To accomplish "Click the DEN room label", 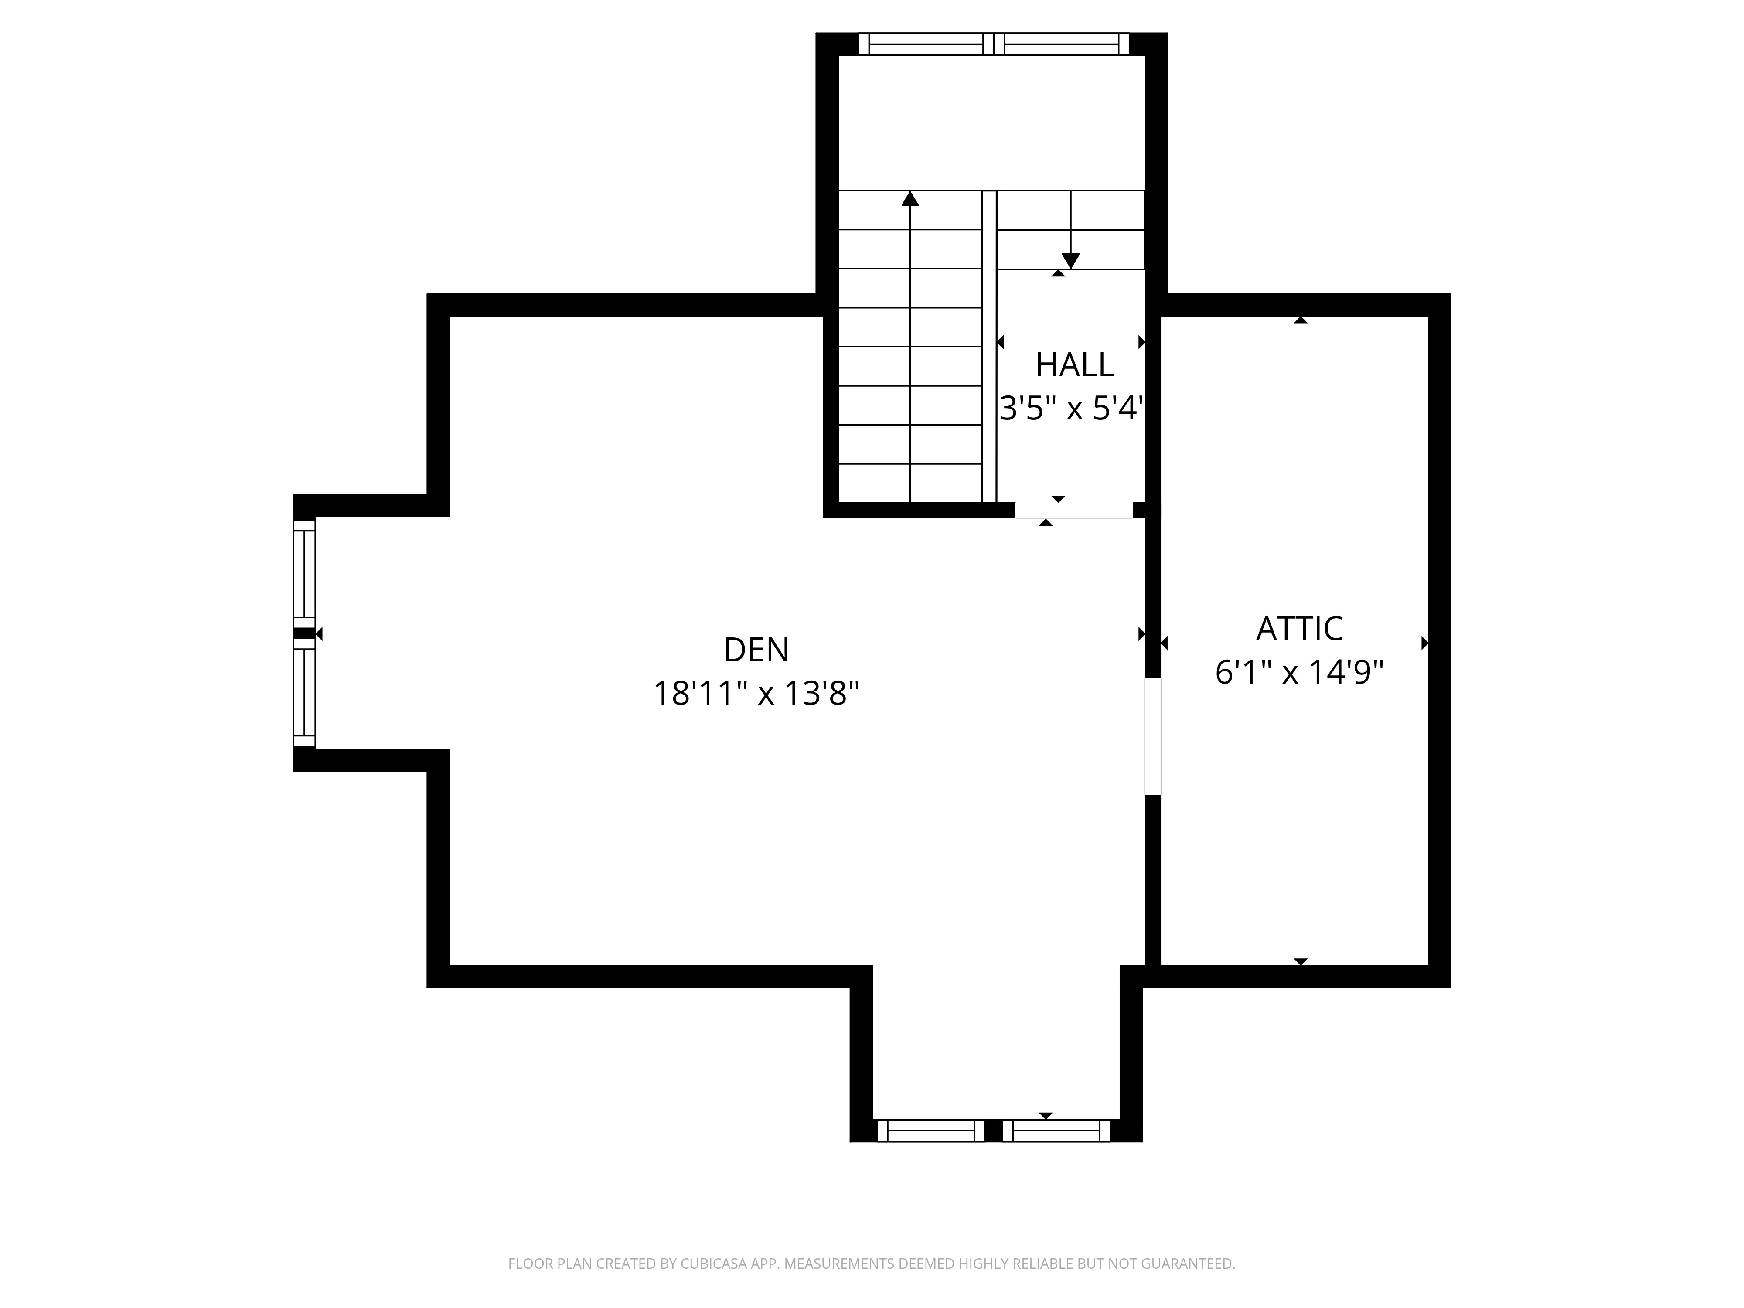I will coord(755,651).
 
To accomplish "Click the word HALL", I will coord(1074,365).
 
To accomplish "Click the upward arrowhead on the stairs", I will coord(910,199).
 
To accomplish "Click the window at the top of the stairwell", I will coord(993,44).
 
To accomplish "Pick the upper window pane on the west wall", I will coord(304,574).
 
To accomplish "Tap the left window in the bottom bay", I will coord(930,1131).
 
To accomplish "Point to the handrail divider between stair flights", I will coord(989,347).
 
